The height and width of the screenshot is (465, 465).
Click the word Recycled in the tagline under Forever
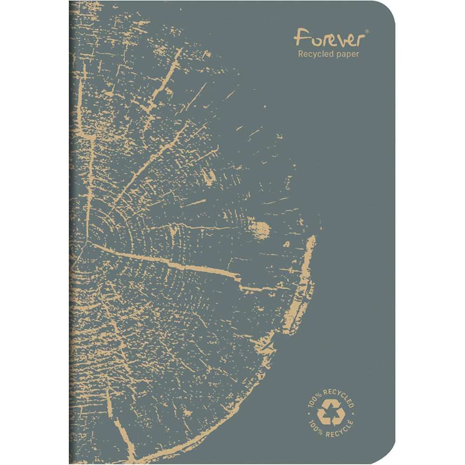coord(314,55)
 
